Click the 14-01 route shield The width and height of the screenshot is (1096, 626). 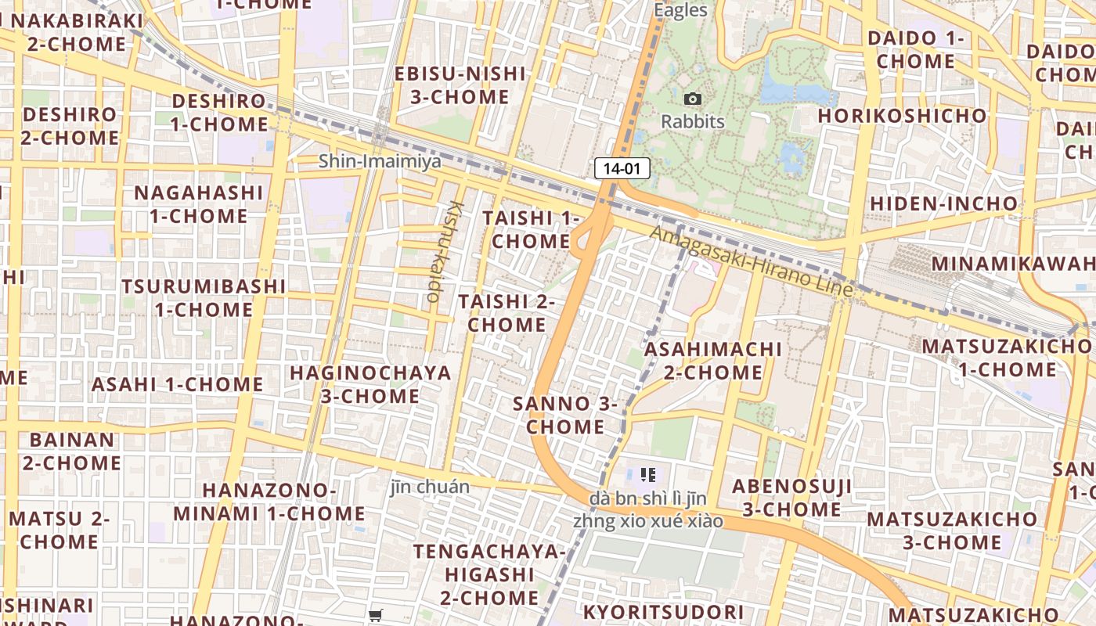(622, 167)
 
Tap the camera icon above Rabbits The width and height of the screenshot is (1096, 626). (693, 99)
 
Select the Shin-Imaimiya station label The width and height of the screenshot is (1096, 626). (380, 161)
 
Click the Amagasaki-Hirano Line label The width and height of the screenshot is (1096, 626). (751, 261)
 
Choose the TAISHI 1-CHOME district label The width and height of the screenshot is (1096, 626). (532, 229)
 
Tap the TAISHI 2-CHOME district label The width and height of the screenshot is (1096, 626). (507, 312)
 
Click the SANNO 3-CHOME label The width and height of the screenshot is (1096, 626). (565, 415)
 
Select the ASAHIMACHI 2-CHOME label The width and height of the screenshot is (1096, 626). (713, 360)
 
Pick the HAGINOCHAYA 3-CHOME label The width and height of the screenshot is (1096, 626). (370, 384)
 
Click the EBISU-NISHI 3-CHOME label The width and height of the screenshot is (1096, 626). (460, 85)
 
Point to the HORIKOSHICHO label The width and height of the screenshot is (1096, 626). (903, 116)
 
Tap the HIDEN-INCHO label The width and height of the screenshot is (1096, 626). (944, 203)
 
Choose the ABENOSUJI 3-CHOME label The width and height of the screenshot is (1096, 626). (791, 498)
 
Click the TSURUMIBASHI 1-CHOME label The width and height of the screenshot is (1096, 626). (204, 298)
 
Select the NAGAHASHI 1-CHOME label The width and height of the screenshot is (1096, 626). (199, 203)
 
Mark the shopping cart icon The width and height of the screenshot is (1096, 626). (376, 616)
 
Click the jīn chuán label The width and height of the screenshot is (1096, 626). (430, 487)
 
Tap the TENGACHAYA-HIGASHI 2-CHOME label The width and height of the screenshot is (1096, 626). (489, 574)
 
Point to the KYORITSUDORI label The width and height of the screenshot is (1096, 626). (663, 612)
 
